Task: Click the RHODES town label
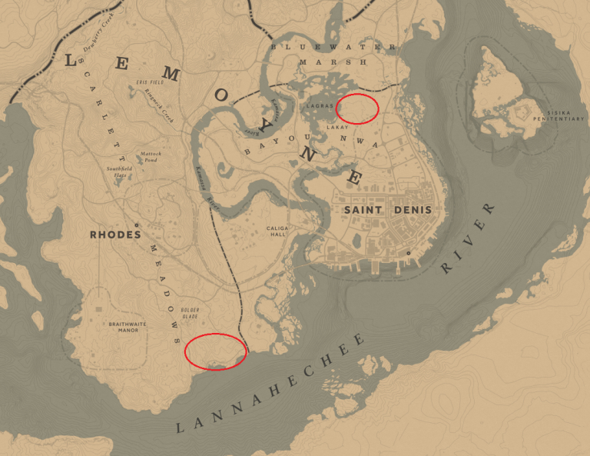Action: pyautogui.click(x=115, y=235)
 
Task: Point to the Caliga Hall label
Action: pyautogui.click(x=276, y=231)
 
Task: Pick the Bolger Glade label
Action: pyautogui.click(x=190, y=314)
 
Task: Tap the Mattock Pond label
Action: pyautogui.click(x=151, y=157)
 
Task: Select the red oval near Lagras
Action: pyautogui.click(x=357, y=108)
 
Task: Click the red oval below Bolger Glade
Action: pyautogui.click(x=217, y=351)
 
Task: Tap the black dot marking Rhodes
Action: pyautogui.click(x=136, y=225)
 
